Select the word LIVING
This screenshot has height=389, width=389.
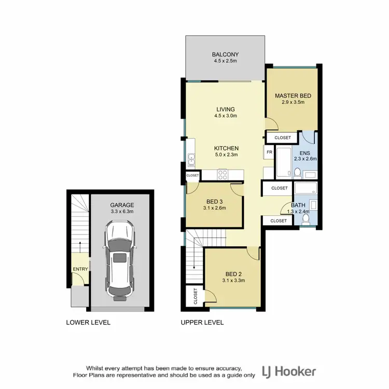point(226,109)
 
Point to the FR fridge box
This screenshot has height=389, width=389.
point(269,152)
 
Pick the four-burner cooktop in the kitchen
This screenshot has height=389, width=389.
point(223,175)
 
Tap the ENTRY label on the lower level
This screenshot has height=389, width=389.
point(80,269)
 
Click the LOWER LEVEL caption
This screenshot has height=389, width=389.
point(88,322)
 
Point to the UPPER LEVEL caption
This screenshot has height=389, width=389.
point(202,322)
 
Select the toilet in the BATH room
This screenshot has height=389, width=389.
point(305,220)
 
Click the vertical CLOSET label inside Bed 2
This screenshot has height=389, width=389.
point(196,296)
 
